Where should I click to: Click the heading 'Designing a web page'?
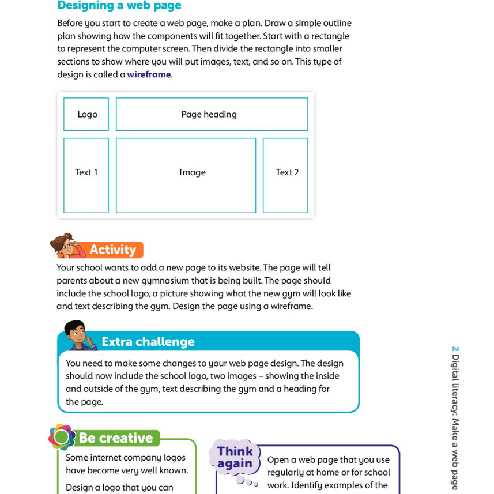[119, 6]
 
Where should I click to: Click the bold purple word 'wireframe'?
[149, 74]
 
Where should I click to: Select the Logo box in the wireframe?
[86, 114]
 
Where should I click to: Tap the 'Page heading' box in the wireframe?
[212, 114]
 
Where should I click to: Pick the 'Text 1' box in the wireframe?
[86, 175]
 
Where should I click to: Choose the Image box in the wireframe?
[186, 175]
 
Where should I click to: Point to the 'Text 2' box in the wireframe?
[286, 175]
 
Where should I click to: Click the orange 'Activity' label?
[113, 250]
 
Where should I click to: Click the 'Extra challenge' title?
[148, 342]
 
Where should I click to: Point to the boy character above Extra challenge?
[77, 334]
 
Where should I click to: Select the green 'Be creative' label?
[116, 438]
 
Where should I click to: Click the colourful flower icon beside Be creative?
[62, 437]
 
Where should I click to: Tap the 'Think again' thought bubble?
[235, 458]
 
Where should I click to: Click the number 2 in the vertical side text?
[455, 349]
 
